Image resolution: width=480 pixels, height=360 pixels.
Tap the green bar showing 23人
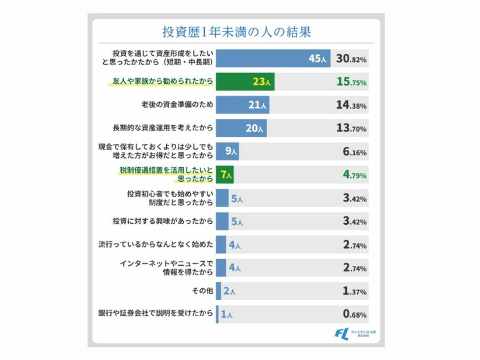[245, 81]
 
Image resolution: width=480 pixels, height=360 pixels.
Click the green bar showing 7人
[225, 174]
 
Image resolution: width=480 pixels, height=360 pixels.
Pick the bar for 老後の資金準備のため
[242, 104]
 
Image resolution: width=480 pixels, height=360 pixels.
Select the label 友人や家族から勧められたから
[162, 81]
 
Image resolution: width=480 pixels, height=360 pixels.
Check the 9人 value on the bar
[231, 151]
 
